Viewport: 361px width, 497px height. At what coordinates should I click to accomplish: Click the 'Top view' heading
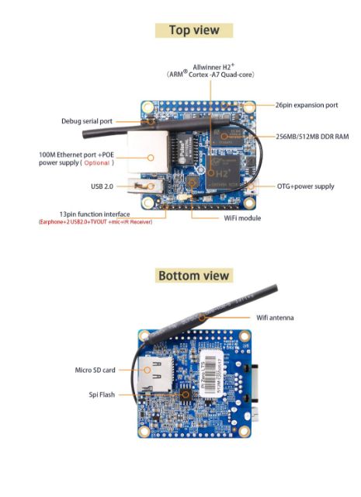[x=193, y=30]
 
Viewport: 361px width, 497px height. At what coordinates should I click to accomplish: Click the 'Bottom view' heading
[x=193, y=276]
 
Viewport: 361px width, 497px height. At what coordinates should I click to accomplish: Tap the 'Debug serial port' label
[x=88, y=121]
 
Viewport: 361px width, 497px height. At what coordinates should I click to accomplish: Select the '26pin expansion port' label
[x=307, y=104]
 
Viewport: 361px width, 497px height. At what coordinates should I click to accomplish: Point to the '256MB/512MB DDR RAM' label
[x=312, y=137]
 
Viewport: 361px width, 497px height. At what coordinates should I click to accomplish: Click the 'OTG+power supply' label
[x=306, y=186]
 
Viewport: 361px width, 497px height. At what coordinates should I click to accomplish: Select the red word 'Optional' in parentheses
[x=97, y=163]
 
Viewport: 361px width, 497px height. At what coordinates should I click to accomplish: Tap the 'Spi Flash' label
[x=102, y=394]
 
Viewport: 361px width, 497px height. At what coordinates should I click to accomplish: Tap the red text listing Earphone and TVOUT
[x=95, y=222]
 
